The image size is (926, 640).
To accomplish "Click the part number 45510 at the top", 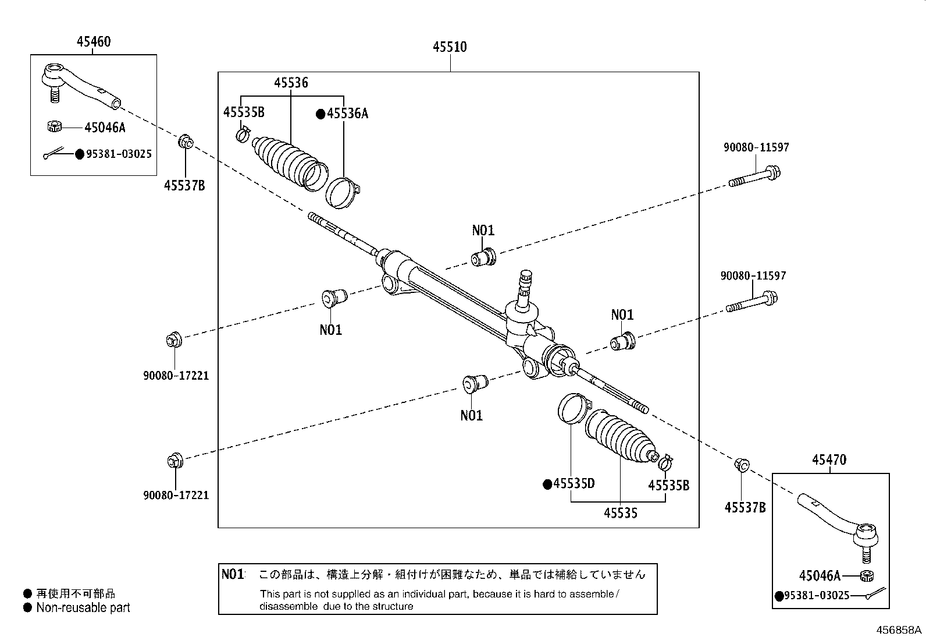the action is (450, 47).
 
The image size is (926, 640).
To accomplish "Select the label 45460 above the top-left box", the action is (94, 42).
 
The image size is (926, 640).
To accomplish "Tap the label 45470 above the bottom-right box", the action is (829, 459).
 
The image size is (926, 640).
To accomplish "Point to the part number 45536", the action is (291, 83).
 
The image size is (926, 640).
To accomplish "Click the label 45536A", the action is (347, 114).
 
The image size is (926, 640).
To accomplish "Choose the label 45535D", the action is (574, 483).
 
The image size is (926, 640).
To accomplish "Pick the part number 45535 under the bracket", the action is (621, 513).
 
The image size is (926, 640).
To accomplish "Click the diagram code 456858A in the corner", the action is (899, 630).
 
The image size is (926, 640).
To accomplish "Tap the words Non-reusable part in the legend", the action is (83, 608).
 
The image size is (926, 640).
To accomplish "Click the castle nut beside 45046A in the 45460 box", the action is (55, 126).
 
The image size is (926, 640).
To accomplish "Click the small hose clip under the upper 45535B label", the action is (244, 134).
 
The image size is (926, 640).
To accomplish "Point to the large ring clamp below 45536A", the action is (342, 193).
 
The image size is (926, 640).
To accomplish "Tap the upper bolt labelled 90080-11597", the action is (754, 176).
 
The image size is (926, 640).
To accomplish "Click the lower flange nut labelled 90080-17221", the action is (175, 460).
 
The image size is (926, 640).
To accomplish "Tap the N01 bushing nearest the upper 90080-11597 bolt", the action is (484, 257).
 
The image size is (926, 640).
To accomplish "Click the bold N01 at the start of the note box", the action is (233, 574).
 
